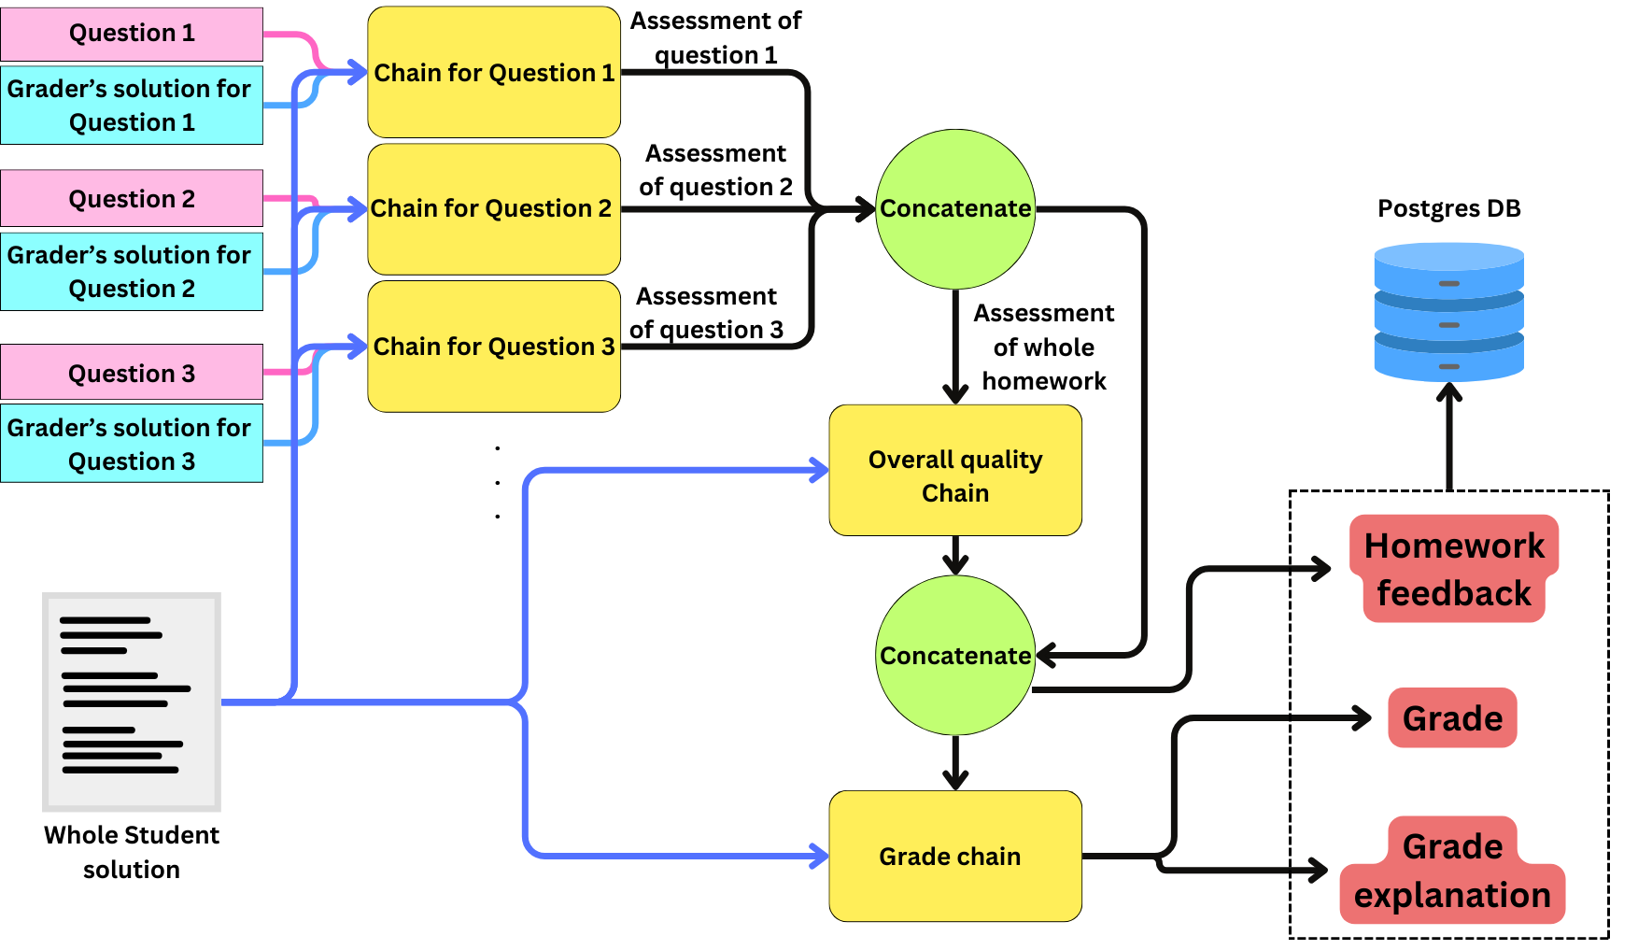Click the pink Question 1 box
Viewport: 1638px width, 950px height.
132,34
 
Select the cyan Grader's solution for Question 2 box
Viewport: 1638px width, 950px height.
132,272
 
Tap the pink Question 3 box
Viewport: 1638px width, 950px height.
132,373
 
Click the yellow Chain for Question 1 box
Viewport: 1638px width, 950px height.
494,73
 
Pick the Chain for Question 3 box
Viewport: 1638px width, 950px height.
494,347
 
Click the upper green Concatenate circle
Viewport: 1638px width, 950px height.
955,208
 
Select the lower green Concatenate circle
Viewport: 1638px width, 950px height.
955,656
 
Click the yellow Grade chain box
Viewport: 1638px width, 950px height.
955,857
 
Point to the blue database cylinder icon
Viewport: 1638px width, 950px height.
1448,312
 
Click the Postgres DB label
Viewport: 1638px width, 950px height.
1448,208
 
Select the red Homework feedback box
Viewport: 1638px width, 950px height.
1453,569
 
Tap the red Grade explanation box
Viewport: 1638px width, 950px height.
1453,871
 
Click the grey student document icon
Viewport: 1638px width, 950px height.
132,702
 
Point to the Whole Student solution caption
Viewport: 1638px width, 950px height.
132,852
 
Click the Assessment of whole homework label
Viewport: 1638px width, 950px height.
1044,347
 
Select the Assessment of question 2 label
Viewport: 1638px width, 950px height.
715,170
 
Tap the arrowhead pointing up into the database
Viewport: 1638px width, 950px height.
1448,393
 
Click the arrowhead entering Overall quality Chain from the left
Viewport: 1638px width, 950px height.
819,470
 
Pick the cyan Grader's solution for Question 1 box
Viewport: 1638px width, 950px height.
132,106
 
